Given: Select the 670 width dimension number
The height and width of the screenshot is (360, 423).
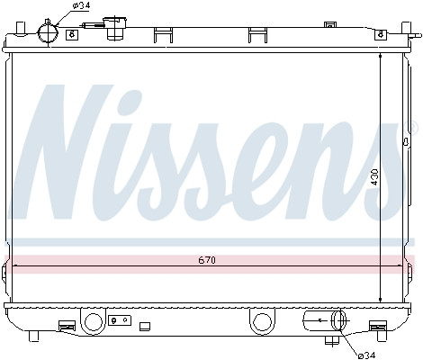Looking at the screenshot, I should pyautogui.click(x=208, y=261).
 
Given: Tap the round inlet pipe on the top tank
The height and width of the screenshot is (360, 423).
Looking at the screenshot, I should pyautogui.click(x=49, y=32).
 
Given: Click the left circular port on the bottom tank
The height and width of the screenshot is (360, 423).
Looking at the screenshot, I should pyautogui.click(x=94, y=320).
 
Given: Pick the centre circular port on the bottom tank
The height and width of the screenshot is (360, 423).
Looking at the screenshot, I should pyautogui.click(x=262, y=320).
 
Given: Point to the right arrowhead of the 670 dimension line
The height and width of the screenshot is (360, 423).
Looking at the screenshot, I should pyautogui.click(x=401, y=266).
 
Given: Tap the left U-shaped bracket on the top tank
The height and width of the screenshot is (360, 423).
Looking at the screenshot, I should pyautogui.click(x=163, y=35).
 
